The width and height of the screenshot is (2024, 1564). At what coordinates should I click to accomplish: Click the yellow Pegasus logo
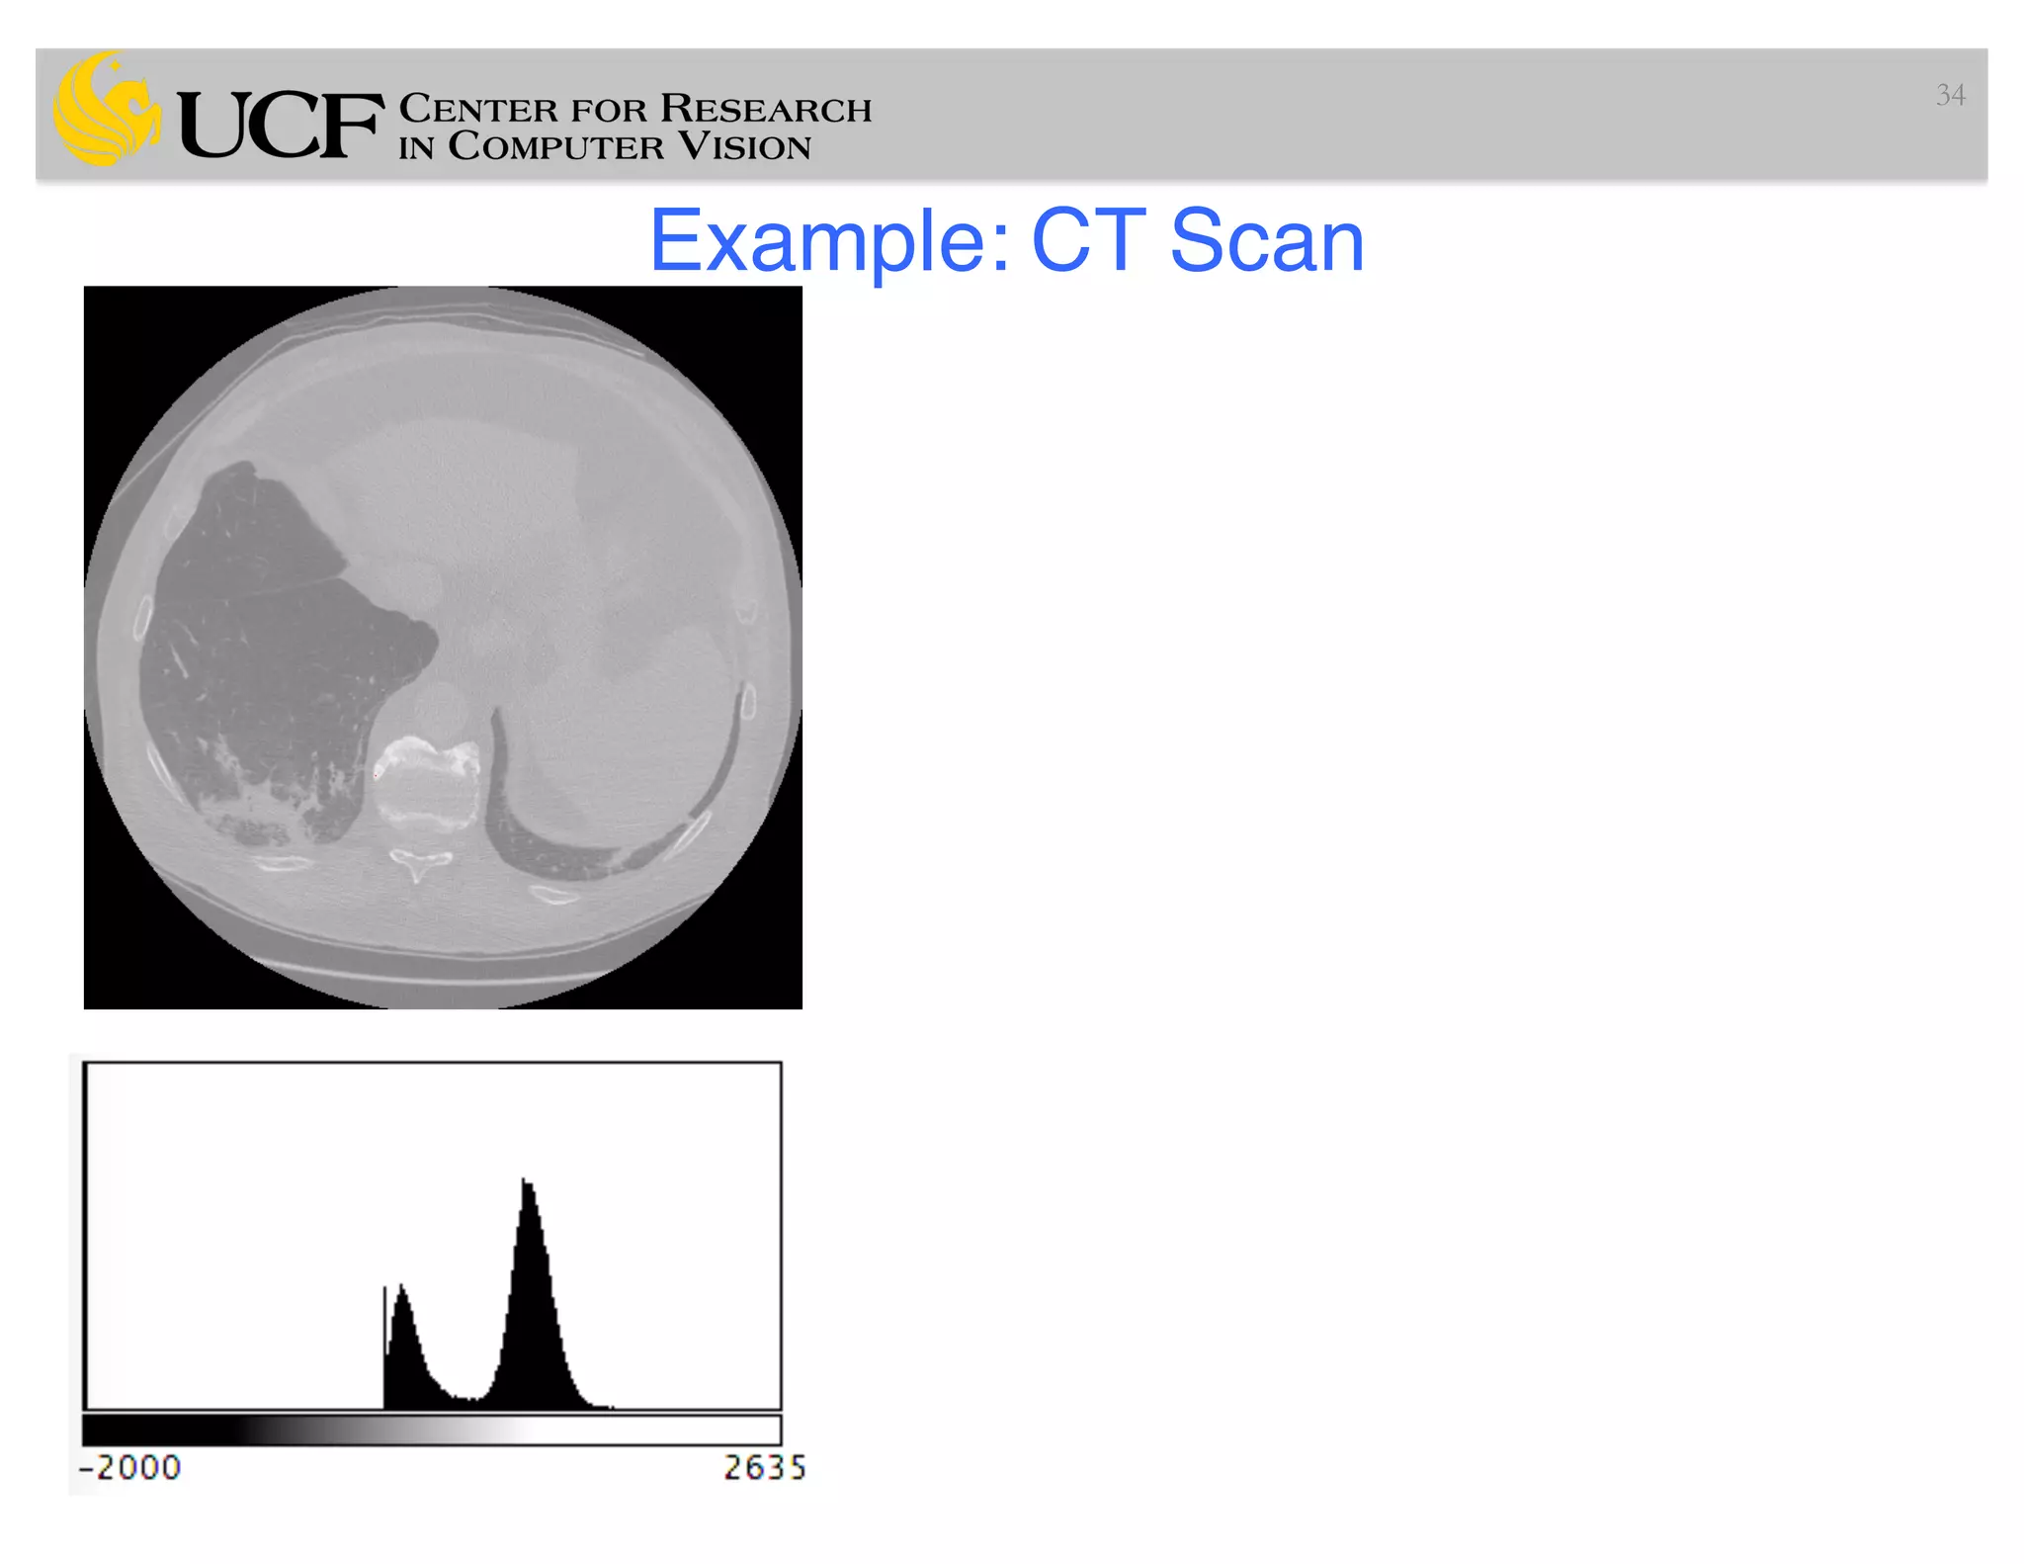click(107, 109)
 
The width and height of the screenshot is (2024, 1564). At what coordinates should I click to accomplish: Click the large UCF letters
click(280, 125)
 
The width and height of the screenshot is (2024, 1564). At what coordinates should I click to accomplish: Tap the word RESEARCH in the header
click(765, 109)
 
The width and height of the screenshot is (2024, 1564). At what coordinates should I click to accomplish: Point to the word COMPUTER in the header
click(555, 147)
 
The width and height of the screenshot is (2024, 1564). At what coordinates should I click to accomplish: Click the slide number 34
click(1950, 95)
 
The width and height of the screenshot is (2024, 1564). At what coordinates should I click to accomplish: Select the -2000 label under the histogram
click(130, 1468)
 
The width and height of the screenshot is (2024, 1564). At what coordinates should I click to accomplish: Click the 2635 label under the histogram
click(764, 1468)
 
